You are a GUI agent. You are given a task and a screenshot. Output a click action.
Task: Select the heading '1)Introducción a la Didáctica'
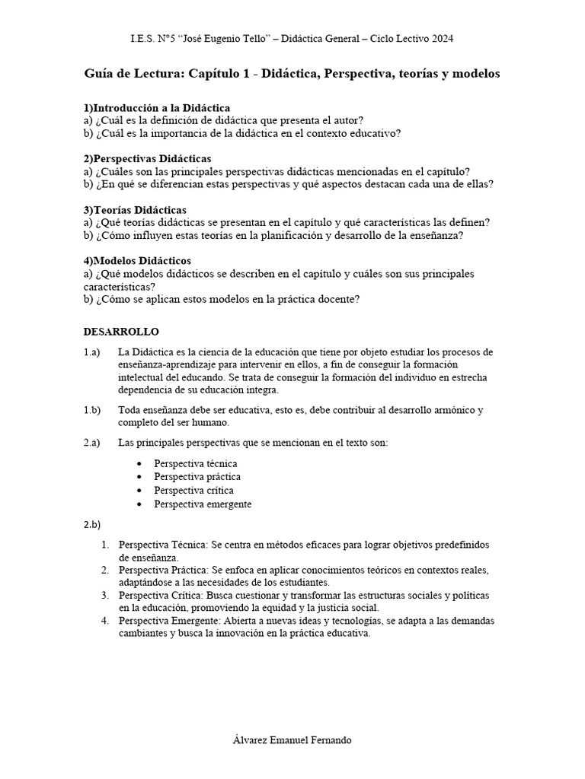157,108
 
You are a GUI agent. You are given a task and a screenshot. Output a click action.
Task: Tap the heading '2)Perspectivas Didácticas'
148,158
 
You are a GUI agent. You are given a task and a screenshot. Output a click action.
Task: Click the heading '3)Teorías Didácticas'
135,209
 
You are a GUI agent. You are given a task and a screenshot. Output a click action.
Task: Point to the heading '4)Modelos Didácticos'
137,261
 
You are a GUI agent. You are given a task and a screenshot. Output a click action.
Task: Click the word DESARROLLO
120,332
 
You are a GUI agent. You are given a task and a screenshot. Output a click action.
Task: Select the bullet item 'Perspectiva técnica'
195,463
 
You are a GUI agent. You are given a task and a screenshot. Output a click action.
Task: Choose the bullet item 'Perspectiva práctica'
197,477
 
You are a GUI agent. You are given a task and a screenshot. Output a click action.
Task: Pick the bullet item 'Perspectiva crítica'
193,491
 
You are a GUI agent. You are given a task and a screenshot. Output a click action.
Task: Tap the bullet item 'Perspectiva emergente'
203,504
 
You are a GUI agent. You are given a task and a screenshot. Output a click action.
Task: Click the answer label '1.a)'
92,352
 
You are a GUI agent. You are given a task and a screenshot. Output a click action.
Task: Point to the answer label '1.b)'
92,410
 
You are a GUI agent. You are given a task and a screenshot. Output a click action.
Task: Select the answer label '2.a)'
92,443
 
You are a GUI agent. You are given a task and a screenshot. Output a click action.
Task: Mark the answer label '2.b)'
92,525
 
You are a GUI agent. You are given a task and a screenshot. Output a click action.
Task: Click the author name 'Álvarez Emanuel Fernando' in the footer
292,740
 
